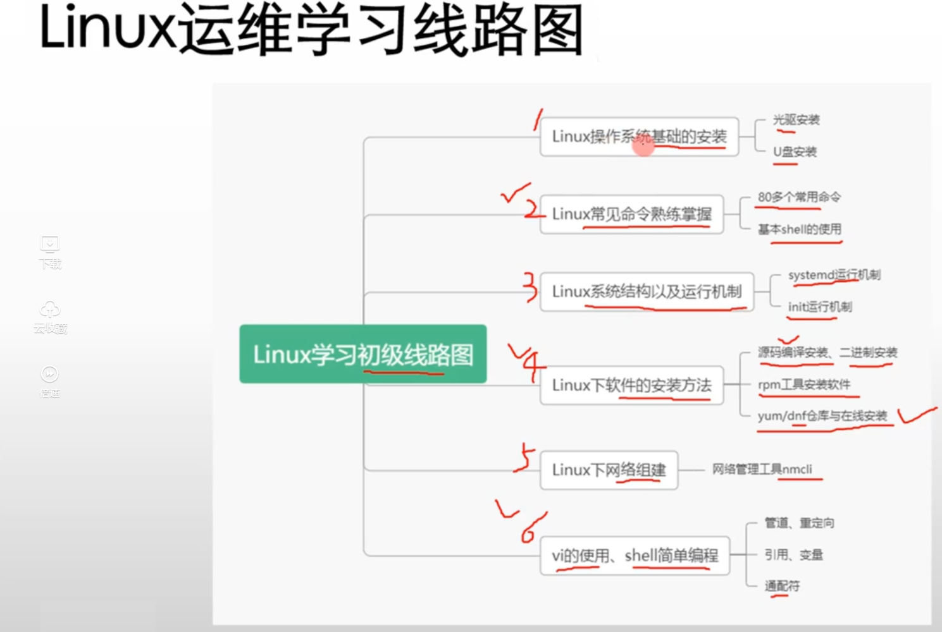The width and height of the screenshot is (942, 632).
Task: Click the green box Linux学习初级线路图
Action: pyautogui.click(x=363, y=354)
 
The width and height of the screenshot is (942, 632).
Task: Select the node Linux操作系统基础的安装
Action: pyautogui.click(x=639, y=137)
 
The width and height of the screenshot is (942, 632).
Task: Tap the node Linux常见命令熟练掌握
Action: pyautogui.click(x=631, y=214)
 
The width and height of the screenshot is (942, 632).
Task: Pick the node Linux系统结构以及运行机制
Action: pyautogui.click(x=647, y=291)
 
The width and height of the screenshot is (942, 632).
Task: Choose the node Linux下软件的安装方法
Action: pyautogui.click(x=631, y=385)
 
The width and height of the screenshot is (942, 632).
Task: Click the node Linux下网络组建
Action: pyautogui.click(x=609, y=470)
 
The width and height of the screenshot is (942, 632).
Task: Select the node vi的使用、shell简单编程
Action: pyautogui.click(x=635, y=556)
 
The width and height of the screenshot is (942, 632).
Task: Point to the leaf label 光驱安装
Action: pyautogui.click(x=796, y=119)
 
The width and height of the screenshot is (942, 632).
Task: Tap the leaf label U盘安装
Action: pyautogui.click(x=795, y=152)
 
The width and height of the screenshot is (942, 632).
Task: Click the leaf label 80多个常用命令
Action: pyautogui.click(x=799, y=197)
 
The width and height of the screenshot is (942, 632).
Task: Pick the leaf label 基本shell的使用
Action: pyautogui.click(x=800, y=229)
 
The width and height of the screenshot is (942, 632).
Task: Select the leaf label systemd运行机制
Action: pyautogui.click(x=834, y=275)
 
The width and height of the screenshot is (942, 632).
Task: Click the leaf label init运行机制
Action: pyautogui.click(x=819, y=307)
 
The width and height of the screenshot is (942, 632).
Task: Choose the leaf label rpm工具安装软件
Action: pyautogui.click(x=804, y=384)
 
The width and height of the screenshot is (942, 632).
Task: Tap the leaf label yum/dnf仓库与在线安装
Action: pyautogui.click(x=822, y=416)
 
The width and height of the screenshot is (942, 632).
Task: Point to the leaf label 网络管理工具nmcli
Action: pyautogui.click(x=762, y=469)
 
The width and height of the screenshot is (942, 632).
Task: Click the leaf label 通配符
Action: pyautogui.click(x=782, y=586)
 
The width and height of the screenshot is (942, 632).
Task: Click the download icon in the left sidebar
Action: pyautogui.click(x=50, y=245)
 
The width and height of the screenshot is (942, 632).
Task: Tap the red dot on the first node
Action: pyautogui.click(x=643, y=146)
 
